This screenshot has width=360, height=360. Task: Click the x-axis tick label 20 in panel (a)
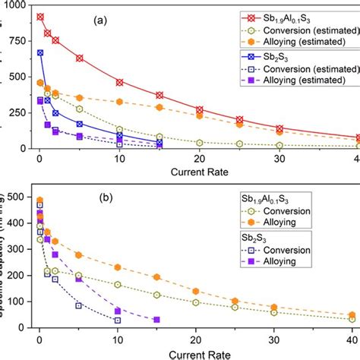coord(198,158)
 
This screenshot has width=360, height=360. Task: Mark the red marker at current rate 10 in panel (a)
coord(119,82)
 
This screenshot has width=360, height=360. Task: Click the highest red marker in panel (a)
coord(40,17)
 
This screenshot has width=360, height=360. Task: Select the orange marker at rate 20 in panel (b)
coord(196,292)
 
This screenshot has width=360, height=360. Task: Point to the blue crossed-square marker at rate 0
coord(40,53)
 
